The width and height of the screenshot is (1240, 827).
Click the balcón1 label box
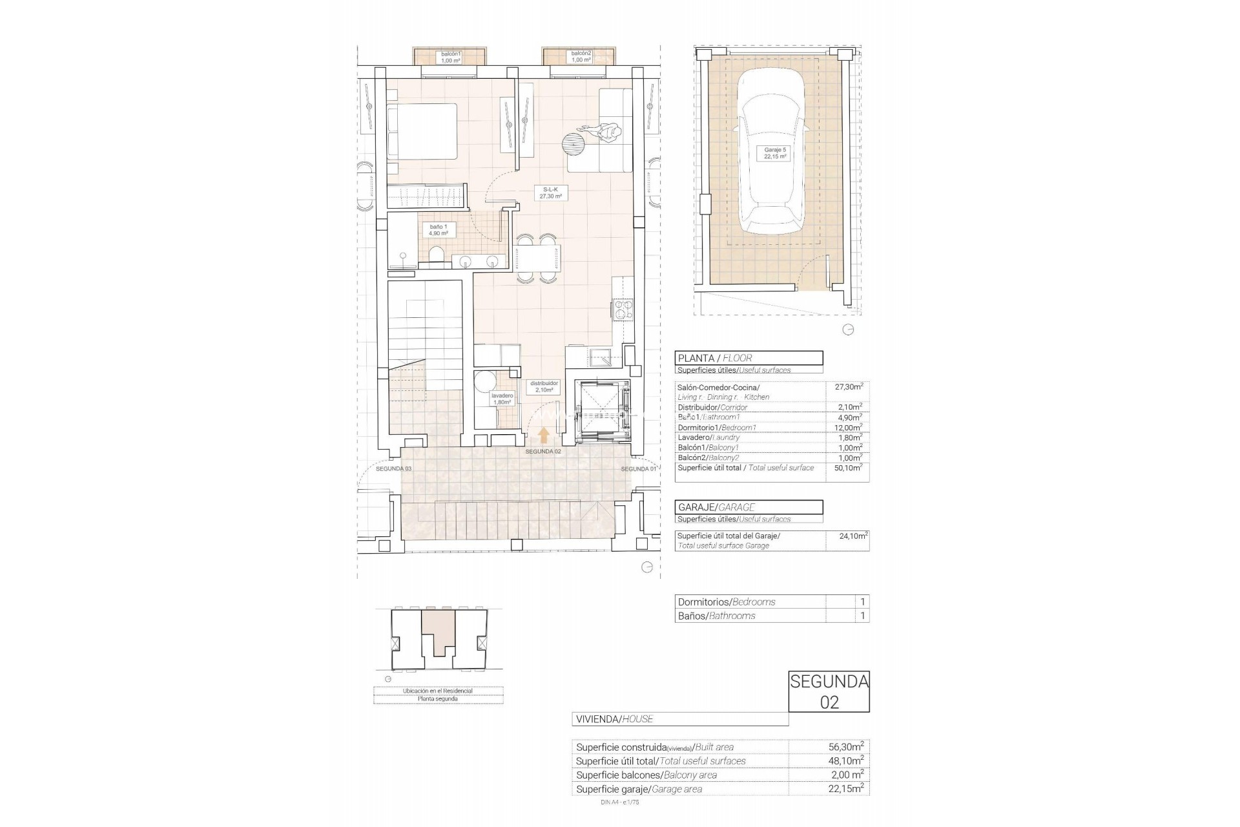coord(450,57)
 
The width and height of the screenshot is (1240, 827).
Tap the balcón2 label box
coord(581,57)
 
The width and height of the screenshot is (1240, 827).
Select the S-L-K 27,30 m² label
coord(551,193)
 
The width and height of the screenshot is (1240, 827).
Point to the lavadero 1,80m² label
coord(502,398)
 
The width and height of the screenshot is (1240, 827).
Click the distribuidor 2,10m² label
coord(544,386)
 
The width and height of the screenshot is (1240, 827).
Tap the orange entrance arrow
coord(544,434)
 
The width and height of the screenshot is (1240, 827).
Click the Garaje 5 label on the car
coord(774,153)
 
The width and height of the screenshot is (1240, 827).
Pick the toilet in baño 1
coord(437,255)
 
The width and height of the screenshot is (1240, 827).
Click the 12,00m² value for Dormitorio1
coord(847,428)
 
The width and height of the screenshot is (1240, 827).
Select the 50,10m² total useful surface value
coord(847,468)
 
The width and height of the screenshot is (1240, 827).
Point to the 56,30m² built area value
coord(846,747)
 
